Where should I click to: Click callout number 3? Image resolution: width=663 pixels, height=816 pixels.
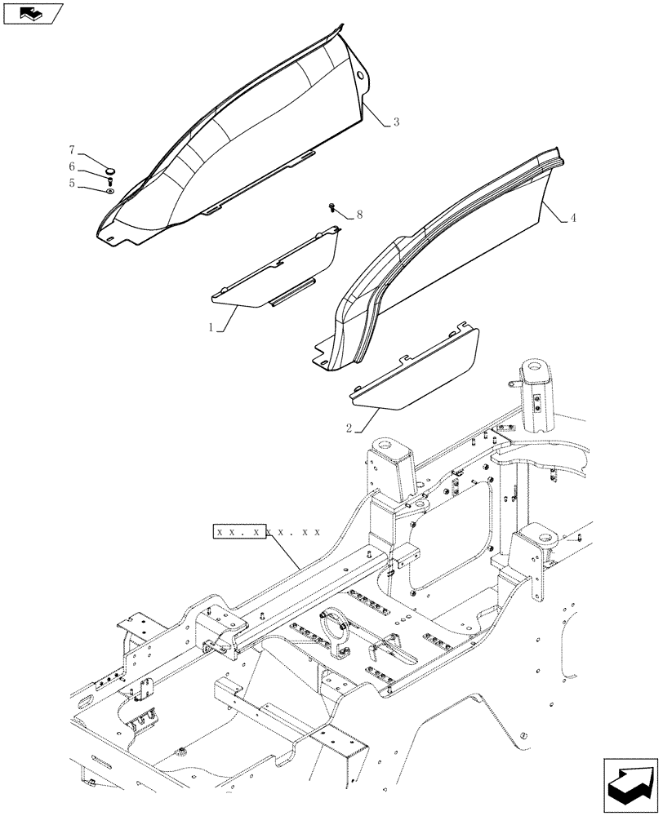[396, 122]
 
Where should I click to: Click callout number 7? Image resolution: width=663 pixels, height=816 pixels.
[72, 150]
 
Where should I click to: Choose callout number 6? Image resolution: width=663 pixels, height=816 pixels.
[72, 166]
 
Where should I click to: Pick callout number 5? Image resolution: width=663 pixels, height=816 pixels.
[72, 184]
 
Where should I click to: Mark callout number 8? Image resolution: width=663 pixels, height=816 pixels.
[361, 215]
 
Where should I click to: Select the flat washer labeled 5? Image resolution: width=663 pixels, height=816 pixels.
[109, 192]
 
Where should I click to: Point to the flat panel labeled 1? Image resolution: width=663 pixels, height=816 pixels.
[286, 269]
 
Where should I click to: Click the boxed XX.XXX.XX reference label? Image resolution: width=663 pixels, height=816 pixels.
[265, 532]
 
